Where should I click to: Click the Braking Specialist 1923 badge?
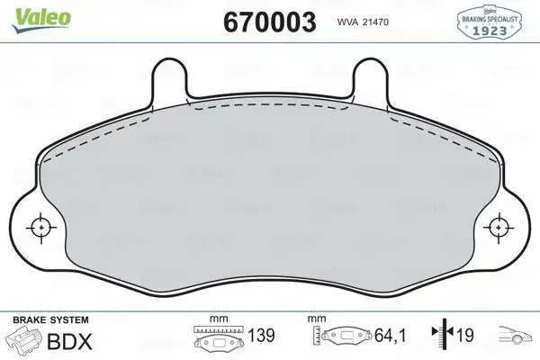(x=492, y=18)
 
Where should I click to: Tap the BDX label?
(x=62, y=340)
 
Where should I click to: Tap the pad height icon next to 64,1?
(x=344, y=339)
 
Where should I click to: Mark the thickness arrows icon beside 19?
(x=441, y=337)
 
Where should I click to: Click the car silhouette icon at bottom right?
(x=514, y=337)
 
